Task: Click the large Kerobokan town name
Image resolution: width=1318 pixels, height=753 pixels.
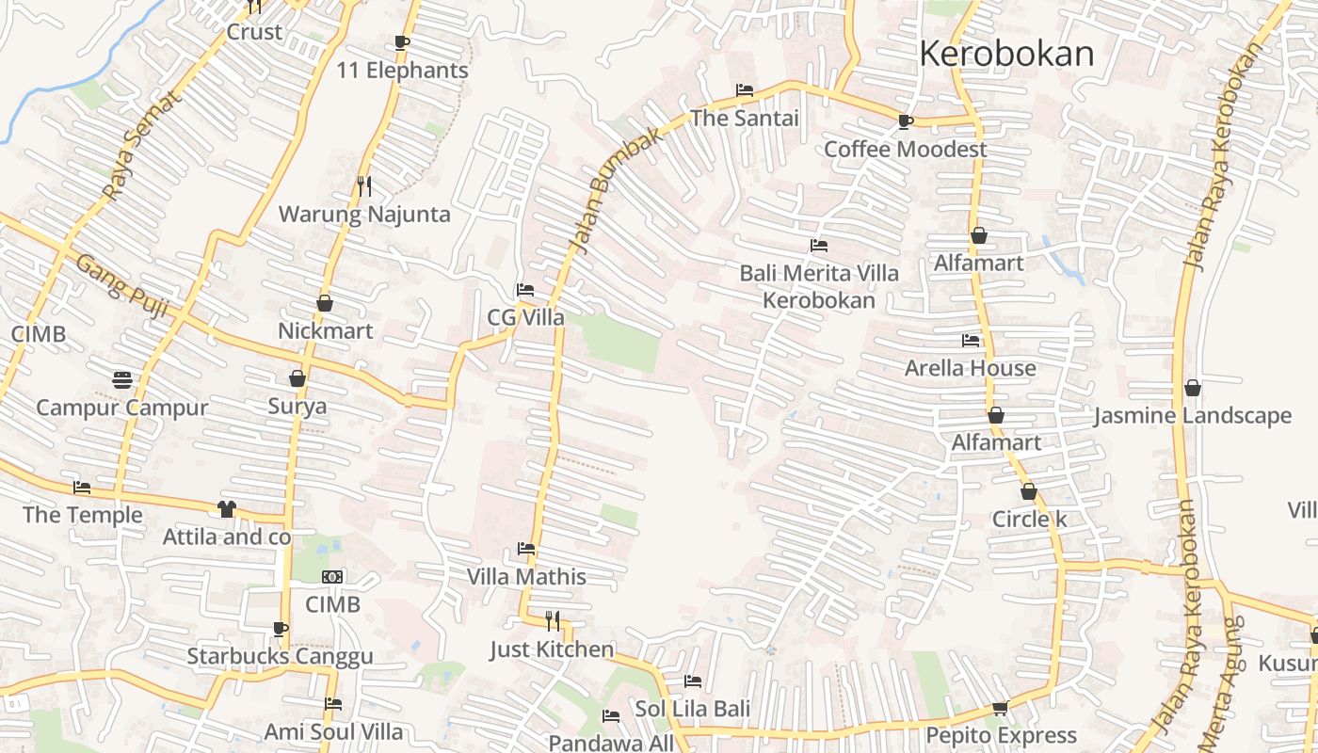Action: tap(1006, 54)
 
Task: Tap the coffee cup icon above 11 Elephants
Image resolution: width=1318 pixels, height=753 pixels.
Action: tap(402, 42)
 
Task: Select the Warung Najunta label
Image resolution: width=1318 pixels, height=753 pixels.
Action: tap(364, 215)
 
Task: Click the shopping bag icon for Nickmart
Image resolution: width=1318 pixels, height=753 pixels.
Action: tap(325, 303)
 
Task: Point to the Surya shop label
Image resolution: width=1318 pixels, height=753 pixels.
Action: tap(297, 407)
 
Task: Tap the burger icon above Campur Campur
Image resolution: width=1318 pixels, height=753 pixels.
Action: tap(121, 380)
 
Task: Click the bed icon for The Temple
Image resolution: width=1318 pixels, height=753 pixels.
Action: tap(82, 488)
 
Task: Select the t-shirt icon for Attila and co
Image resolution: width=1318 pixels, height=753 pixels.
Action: tap(226, 509)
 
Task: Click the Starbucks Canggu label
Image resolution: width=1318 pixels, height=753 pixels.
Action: tap(280, 656)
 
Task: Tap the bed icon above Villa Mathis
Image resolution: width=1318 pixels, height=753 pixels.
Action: tap(526, 549)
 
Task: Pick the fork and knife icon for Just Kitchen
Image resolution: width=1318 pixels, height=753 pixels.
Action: tap(553, 620)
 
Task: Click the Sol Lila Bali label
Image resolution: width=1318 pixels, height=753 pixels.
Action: tap(693, 708)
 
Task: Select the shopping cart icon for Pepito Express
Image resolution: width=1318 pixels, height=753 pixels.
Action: tap(1000, 708)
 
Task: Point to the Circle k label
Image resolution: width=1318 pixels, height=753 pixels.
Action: tap(1029, 520)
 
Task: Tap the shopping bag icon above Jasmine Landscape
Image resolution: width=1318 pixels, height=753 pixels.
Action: tap(1193, 388)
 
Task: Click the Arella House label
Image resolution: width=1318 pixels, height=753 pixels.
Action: tap(970, 368)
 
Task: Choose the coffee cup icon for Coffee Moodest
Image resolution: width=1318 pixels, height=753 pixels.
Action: tap(905, 121)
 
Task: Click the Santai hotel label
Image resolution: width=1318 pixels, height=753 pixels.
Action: tap(744, 119)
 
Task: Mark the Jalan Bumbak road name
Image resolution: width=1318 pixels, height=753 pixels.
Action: tap(616, 192)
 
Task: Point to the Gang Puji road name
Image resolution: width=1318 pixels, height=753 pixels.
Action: tap(121, 284)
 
